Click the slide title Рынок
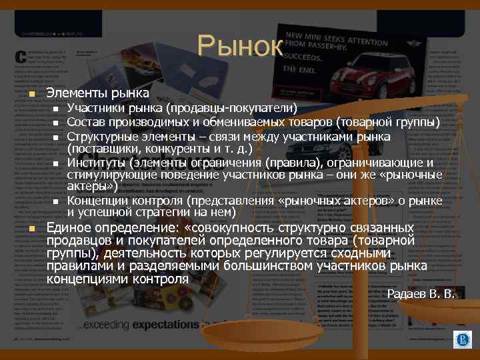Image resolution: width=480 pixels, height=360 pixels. point(240,47)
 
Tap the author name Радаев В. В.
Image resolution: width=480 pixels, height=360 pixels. point(421,293)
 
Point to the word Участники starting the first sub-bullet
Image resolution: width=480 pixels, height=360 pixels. point(95,108)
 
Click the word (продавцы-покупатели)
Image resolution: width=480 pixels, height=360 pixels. point(232,108)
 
